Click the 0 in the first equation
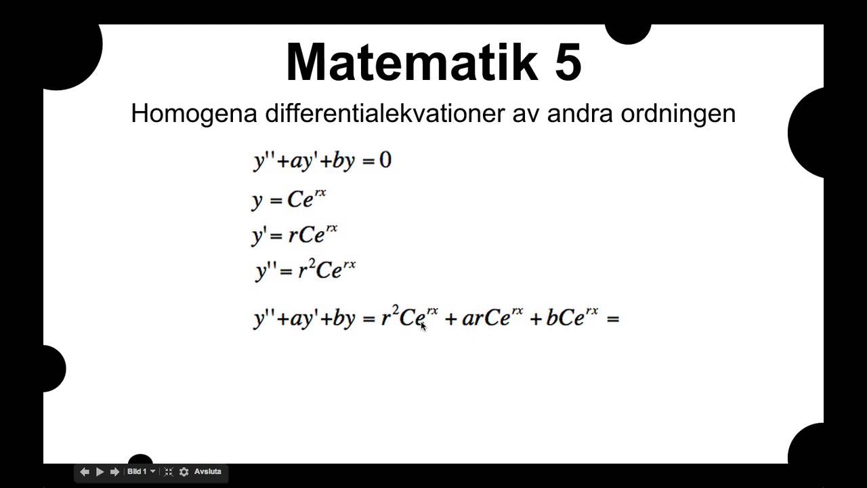(385, 161)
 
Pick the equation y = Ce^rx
(289, 199)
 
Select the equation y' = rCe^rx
(295, 235)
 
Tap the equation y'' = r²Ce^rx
(305, 270)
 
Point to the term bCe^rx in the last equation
(572, 317)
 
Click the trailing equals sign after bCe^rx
(613, 319)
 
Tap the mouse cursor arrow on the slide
(423, 326)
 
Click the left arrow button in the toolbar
(85, 472)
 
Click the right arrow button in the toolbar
(114, 472)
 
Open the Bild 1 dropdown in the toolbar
(141, 472)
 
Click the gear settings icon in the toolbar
(184, 472)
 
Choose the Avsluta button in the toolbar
(208, 472)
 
